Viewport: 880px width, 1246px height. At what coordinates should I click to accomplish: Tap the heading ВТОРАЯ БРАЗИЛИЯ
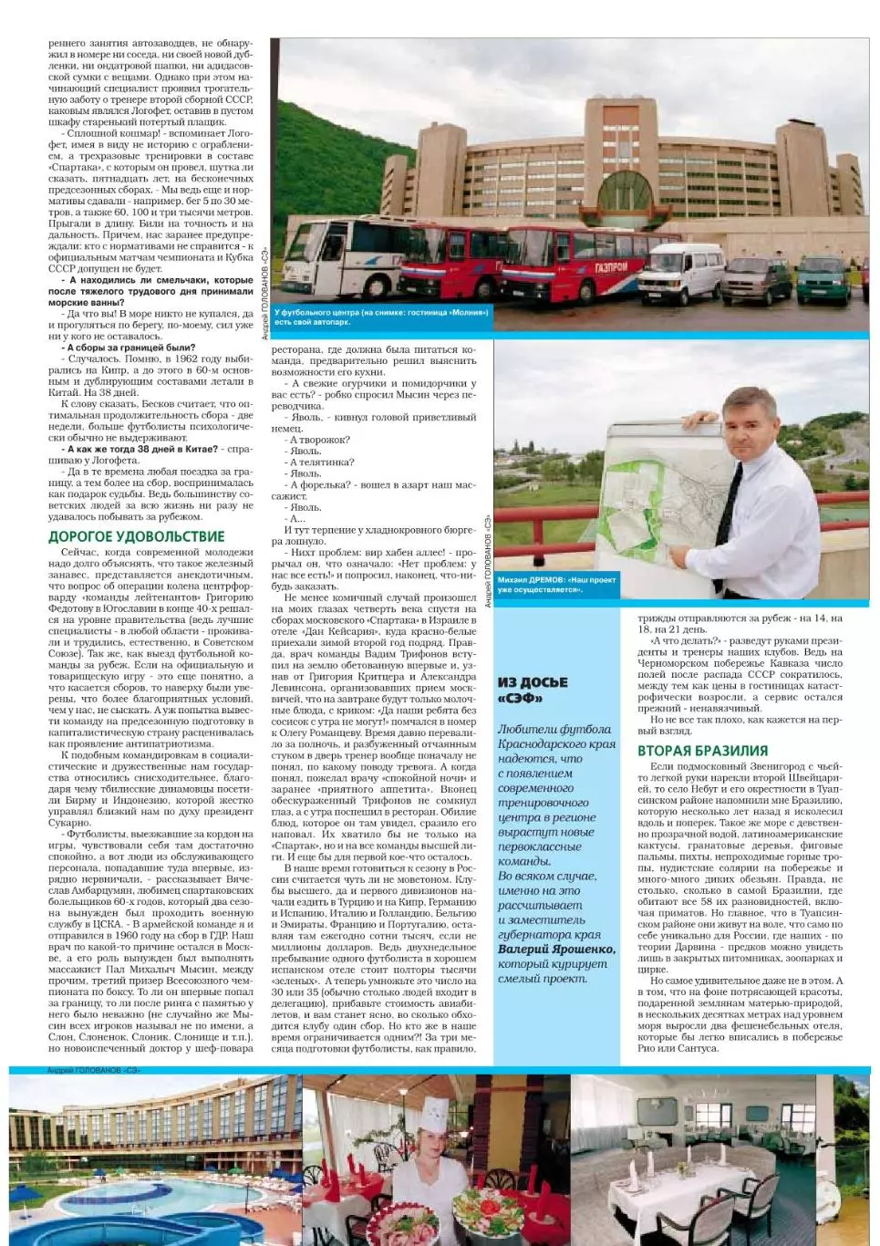pos(702,751)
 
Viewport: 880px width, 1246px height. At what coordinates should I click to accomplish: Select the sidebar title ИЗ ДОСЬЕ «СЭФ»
pos(533,690)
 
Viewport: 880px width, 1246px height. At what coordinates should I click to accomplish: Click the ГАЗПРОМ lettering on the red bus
pos(612,267)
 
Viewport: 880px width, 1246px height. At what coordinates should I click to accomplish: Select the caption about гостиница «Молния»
pos(381,317)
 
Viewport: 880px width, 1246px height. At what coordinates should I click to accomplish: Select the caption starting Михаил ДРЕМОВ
pos(556,584)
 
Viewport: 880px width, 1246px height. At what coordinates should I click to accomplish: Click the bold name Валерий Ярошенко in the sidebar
pos(556,950)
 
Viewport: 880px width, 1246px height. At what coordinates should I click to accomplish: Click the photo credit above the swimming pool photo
pos(95,1069)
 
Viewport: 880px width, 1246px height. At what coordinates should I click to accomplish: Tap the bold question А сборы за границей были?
pos(130,348)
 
